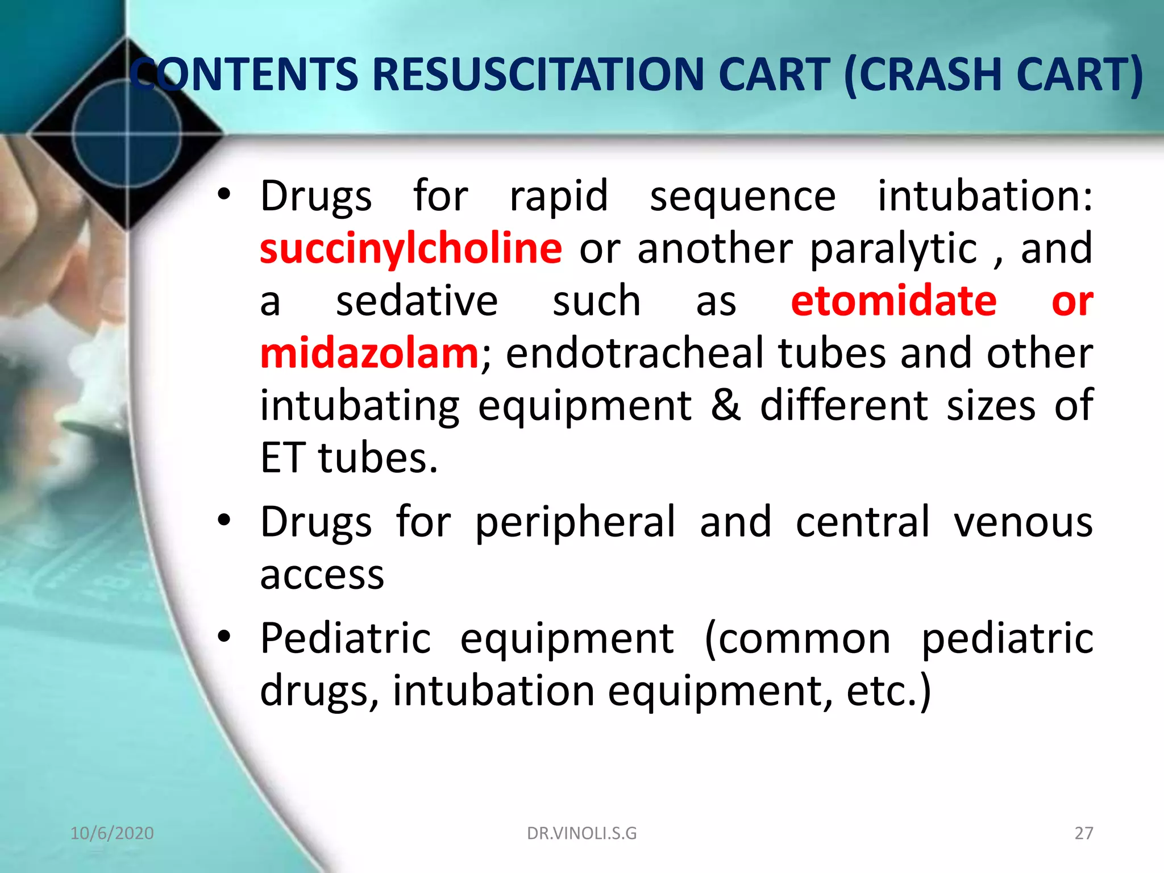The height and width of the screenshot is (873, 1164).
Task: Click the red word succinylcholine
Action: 410,248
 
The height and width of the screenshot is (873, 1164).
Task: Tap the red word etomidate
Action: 893,301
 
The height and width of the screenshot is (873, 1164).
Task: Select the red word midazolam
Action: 369,353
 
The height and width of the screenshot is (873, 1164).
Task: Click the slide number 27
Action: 1083,833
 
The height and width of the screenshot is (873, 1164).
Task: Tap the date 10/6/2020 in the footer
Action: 112,833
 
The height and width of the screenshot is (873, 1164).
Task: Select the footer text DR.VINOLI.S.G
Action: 582,833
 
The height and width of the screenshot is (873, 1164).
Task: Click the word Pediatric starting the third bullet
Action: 346,638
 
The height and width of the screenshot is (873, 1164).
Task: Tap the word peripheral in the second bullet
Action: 575,521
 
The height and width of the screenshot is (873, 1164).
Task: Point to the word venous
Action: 1023,521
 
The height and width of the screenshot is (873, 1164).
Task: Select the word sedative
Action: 417,301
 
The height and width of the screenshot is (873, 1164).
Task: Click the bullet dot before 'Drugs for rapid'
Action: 225,194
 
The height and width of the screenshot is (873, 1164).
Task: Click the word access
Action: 322,575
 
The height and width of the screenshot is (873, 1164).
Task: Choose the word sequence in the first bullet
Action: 742,196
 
